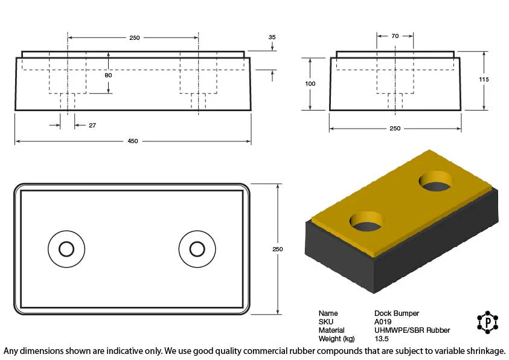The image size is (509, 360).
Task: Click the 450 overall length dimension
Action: tap(132, 141)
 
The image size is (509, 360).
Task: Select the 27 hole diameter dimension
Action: tap(92, 126)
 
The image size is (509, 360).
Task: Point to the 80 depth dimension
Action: tap(108, 76)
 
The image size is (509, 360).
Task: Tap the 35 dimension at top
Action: tap(272, 37)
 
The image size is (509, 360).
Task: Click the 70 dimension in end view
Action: tap(395, 36)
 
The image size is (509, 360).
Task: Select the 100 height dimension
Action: tap(310, 84)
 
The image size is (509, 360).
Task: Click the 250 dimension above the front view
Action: tap(134, 38)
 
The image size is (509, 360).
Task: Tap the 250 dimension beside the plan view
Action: tap(278, 249)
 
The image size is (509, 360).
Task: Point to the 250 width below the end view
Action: tap(394, 128)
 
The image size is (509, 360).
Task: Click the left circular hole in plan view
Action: tap(66, 248)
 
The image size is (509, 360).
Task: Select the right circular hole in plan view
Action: tap(197, 248)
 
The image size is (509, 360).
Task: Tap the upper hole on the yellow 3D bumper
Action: tap(435, 182)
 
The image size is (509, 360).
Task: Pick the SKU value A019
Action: tap(383, 322)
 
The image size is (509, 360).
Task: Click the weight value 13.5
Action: tap(381, 339)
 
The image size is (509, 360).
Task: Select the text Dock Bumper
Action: tap(396, 313)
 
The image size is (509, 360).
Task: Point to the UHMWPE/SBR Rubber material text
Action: tap(412, 330)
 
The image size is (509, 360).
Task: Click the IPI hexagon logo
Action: tap(487, 323)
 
